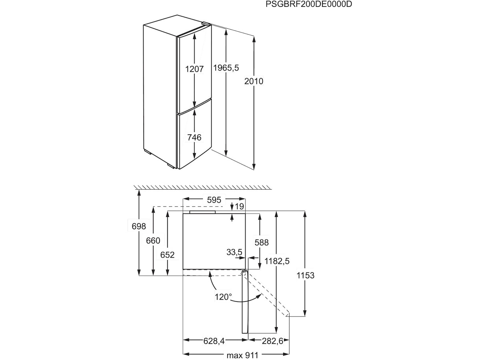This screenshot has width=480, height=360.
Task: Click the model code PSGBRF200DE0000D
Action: click(x=305, y=4)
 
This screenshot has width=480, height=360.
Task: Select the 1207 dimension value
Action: click(x=195, y=69)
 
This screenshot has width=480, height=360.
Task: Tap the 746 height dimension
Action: click(x=194, y=137)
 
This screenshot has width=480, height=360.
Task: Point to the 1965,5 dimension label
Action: click(x=226, y=68)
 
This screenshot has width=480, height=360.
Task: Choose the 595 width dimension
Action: click(x=214, y=199)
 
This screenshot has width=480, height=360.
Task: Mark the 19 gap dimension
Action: click(x=240, y=206)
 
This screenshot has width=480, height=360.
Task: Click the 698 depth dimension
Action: click(x=139, y=226)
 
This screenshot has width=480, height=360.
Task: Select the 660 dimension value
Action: click(x=153, y=240)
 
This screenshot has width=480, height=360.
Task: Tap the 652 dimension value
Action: click(x=167, y=255)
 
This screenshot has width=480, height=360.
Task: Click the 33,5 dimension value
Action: click(x=234, y=252)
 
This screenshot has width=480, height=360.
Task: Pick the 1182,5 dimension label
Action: click(x=277, y=261)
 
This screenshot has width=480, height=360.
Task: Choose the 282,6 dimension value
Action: click(x=269, y=341)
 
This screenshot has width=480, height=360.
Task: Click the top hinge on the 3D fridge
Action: click(x=205, y=24)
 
